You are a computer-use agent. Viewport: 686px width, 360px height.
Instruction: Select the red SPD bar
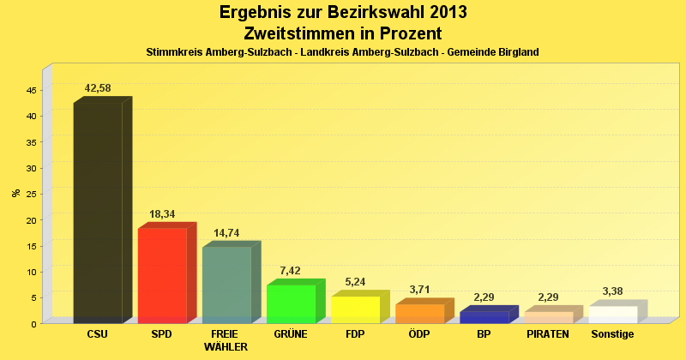162,275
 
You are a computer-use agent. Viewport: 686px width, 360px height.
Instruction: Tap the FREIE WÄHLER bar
226,285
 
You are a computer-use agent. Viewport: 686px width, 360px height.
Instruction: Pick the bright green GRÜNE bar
291,303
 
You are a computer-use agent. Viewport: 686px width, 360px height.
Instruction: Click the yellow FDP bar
355,309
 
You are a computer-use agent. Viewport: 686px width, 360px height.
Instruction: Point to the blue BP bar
484,317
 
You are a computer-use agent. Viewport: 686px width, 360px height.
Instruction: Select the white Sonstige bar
613,315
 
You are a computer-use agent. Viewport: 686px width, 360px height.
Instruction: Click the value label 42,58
98,88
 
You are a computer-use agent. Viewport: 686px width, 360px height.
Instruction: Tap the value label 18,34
162,213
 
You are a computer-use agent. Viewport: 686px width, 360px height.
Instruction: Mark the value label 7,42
291,270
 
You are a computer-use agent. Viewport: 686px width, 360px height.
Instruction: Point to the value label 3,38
613,291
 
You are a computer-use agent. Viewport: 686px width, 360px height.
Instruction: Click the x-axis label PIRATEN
548,333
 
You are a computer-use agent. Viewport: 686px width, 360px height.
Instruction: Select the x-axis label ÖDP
419,333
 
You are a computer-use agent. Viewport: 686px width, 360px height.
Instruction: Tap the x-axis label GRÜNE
291,333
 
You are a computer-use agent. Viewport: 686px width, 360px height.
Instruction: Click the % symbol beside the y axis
15,193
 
